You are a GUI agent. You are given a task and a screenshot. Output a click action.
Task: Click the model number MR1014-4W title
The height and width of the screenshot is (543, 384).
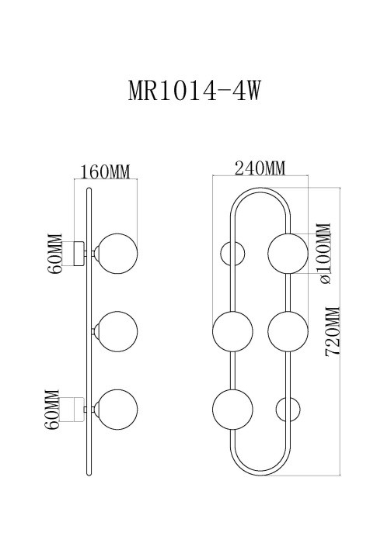tap(192, 90)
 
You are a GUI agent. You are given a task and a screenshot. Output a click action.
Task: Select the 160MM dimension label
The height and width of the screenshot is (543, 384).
tap(106, 171)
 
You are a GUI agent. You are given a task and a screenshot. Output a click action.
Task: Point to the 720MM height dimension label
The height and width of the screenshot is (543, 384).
tap(333, 330)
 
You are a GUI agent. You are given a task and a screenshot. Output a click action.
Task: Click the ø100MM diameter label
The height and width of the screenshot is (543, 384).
tap(324, 252)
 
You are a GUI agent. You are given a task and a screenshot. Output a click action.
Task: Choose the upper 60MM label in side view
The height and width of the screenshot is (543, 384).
tap(54, 253)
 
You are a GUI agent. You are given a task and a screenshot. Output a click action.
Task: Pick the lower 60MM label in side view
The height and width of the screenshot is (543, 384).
tap(54, 410)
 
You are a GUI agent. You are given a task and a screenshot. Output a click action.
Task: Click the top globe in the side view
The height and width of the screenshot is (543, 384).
tap(117, 252)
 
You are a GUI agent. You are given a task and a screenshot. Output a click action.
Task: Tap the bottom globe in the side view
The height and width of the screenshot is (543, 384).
tap(117, 410)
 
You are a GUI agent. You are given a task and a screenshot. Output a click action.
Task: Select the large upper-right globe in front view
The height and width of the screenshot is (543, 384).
tap(288, 252)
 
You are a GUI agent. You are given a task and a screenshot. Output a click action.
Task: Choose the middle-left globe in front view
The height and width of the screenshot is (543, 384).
tap(232, 331)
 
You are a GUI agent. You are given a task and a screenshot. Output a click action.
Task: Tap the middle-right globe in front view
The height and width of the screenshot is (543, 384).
tap(288, 331)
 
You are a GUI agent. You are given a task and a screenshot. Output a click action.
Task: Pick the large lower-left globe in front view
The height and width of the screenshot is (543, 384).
tap(232, 410)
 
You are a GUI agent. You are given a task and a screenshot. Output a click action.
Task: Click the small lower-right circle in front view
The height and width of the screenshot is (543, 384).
tap(288, 410)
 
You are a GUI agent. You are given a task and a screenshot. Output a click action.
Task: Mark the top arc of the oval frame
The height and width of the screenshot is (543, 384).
tap(260, 189)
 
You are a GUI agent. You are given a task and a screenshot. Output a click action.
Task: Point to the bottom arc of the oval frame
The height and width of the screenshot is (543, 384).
tap(260, 472)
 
